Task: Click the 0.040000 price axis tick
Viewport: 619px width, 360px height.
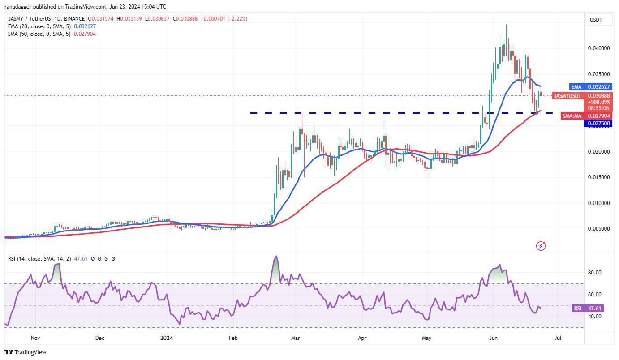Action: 598,48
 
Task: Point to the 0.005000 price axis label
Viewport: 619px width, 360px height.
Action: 598,229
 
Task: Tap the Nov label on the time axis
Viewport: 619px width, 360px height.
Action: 35,338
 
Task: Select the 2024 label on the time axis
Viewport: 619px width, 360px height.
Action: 166,338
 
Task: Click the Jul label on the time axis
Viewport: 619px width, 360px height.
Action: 558,338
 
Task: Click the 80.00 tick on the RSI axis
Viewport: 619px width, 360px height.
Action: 594,273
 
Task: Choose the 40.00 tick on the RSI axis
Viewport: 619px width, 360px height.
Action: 594,317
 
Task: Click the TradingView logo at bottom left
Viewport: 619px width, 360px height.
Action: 26,352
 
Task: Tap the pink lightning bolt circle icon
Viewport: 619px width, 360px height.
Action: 541,245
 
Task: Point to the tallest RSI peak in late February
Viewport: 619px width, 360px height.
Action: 276,256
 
